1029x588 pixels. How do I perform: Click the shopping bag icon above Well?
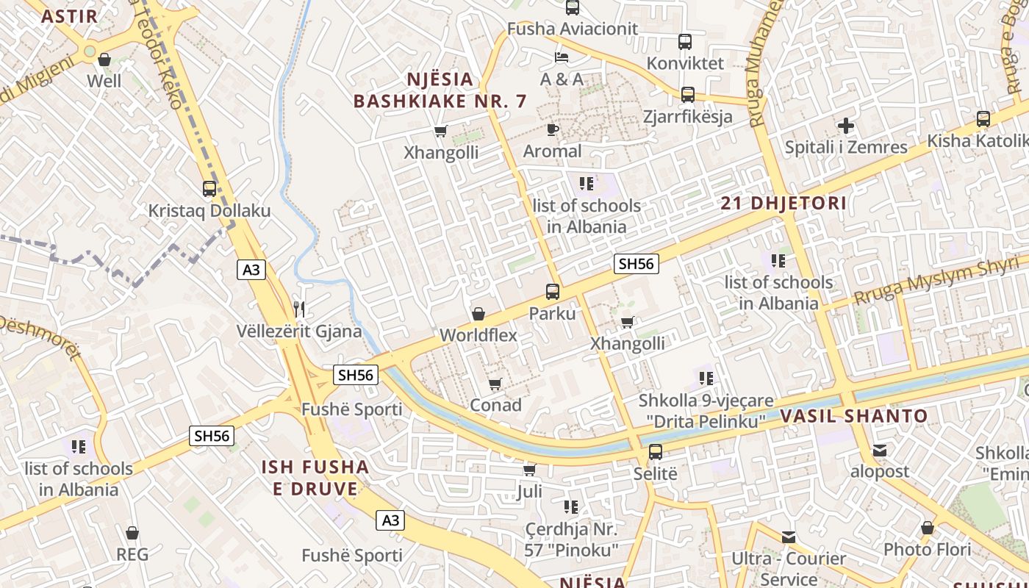click(104, 60)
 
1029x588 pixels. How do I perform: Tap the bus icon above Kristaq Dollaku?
click(209, 189)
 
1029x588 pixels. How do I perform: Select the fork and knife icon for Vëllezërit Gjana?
click(298, 309)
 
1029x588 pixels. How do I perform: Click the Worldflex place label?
click(478, 335)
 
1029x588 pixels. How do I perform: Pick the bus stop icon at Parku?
click(553, 292)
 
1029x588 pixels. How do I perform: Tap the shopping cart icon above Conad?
click(495, 384)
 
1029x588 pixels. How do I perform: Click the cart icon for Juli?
click(529, 470)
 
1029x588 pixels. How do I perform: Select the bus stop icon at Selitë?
click(655, 452)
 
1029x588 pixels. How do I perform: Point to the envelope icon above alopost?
click(880, 451)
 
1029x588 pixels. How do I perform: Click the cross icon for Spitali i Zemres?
click(846, 126)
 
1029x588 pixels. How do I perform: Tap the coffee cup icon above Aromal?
click(553, 130)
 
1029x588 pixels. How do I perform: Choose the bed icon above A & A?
click(562, 57)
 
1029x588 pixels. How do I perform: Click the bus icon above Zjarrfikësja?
click(687, 95)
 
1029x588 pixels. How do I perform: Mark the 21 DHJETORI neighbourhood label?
click(784, 204)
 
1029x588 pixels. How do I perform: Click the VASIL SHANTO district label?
click(853, 416)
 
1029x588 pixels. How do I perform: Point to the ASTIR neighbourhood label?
click(69, 17)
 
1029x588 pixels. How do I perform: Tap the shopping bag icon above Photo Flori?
click(928, 528)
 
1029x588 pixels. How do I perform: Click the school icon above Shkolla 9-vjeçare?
click(706, 379)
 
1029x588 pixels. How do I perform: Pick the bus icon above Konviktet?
click(685, 42)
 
